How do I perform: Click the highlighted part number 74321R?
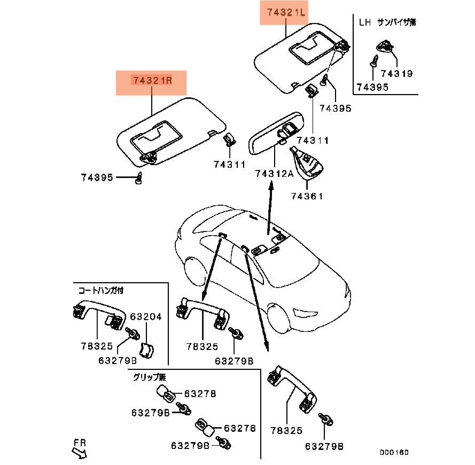point(151,81)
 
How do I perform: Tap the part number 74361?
point(307,196)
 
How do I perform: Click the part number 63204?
point(146,316)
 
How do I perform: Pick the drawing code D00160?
point(394,453)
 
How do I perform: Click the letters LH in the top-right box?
point(364,22)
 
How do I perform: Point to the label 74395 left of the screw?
point(97,177)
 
